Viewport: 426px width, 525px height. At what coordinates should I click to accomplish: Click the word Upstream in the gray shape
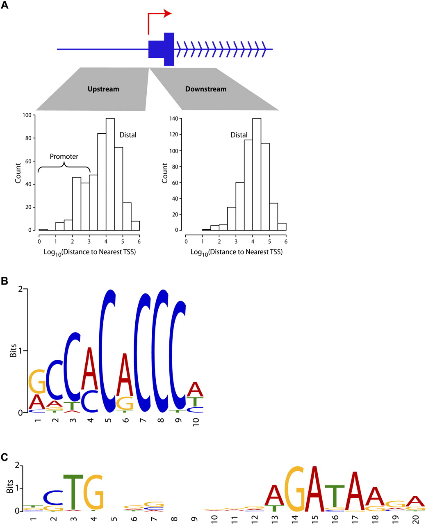click(103, 89)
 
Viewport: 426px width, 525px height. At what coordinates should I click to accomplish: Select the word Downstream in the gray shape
click(206, 89)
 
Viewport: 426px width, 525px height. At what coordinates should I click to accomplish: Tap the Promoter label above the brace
click(64, 157)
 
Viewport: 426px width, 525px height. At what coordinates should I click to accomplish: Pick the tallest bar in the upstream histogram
click(110, 174)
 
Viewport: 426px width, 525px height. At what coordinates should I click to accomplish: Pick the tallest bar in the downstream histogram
click(257, 174)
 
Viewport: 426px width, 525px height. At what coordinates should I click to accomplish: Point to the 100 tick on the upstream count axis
click(27, 115)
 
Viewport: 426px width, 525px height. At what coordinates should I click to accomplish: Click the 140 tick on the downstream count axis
click(174, 119)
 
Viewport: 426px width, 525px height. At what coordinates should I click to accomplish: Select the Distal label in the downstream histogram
click(239, 135)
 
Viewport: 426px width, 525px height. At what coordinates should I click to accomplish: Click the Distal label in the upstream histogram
click(128, 135)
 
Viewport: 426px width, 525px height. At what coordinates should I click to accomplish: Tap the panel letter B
click(5, 281)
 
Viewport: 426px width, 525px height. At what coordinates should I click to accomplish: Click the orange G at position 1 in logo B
click(37, 381)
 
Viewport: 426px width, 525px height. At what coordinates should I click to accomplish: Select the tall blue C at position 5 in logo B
click(107, 351)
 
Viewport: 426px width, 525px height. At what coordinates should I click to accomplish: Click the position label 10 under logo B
click(196, 422)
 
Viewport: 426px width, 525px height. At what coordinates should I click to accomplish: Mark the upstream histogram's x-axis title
click(90, 252)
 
